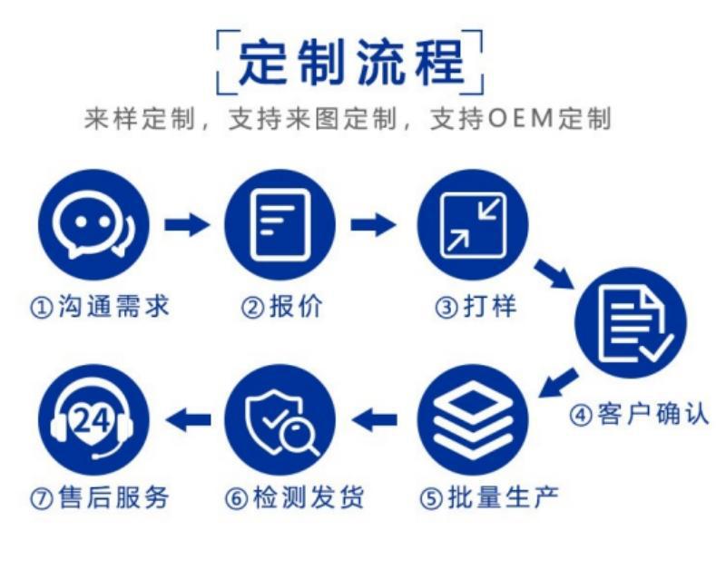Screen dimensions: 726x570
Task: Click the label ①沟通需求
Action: pyautogui.click(x=100, y=308)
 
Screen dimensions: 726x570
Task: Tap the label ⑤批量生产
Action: pyautogui.click(x=490, y=497)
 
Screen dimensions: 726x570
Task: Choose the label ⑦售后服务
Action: pyautogui.click(x=100, y=497)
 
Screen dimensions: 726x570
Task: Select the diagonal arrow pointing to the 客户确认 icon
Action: pyautogui.click(x=554, y=272)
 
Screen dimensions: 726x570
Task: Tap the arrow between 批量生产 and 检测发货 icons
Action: pyautogui.click(x=375, y=418)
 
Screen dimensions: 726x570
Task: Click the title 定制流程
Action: pyautogui.click(x=350, y=61)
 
